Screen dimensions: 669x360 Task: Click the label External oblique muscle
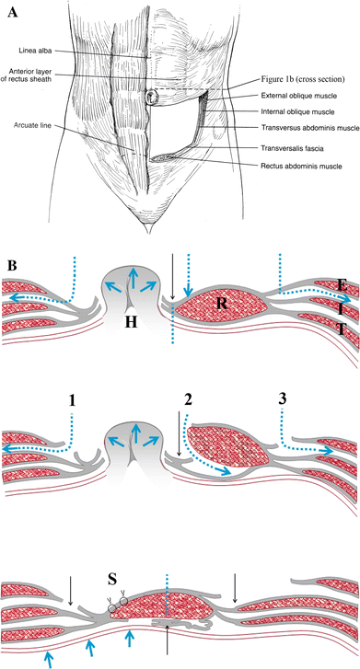pyautogui.click(x=285, y=94)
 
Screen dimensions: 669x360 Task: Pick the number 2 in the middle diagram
pyautogui.click(x=189, y=374)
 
